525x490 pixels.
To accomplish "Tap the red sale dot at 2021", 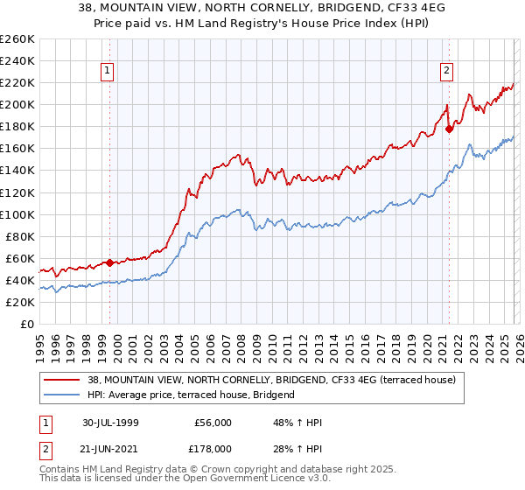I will (x=449, y=129).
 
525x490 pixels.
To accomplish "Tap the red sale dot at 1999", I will (x=110, y=262).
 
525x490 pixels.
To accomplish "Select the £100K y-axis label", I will (x=17, y=214).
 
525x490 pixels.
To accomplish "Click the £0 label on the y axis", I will (x=26, y=324).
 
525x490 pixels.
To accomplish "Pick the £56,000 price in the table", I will (x=212, y=423).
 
